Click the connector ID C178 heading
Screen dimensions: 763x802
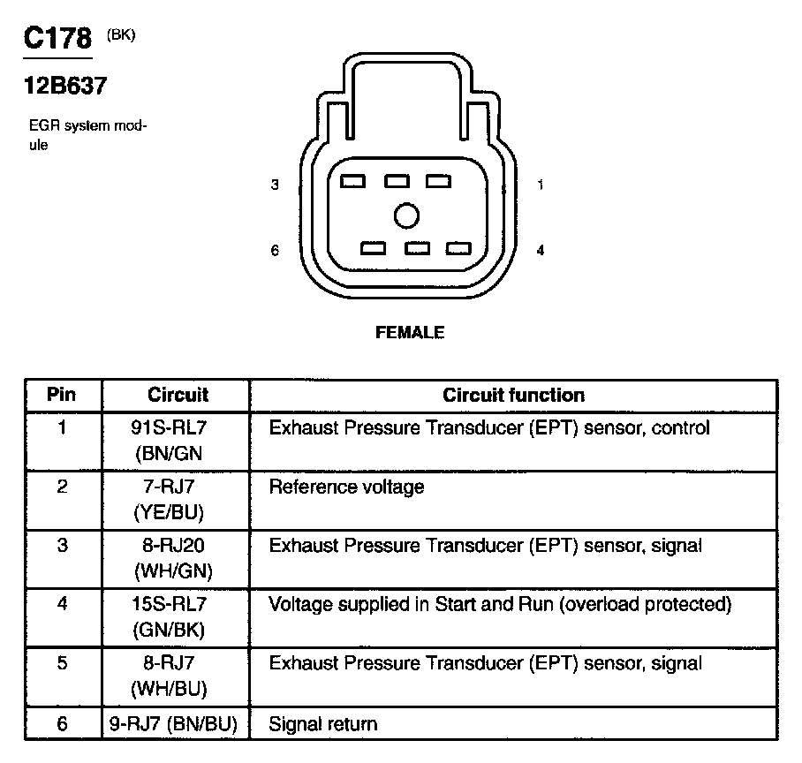[x=57, y=40]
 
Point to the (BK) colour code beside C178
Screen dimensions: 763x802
[x=121, y=35]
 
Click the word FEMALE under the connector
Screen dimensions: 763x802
[x=410, y=333]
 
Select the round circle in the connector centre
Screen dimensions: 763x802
[x=406, y=215]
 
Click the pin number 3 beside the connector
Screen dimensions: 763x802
[x=275, y=185]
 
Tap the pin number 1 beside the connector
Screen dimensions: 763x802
[x=540, y=185]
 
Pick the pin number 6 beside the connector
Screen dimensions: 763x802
[x=275, y=251]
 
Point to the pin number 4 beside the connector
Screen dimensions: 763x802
[x=540, y=251]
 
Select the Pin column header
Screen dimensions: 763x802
[x=62, y=395]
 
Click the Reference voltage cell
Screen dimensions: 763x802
[x=346, y=487]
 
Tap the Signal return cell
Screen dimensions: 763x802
[x=322, y=724]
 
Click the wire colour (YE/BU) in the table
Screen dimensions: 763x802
[x=175, y=511]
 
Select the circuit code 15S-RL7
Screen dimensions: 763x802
[x=175, y=605]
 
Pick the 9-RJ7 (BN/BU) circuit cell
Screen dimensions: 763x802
[x=175, y=724]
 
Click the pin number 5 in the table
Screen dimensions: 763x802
[x=62, y=663]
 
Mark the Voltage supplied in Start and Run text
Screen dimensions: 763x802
[x=500, y=605]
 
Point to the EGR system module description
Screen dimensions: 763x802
[x=87, y=135]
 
